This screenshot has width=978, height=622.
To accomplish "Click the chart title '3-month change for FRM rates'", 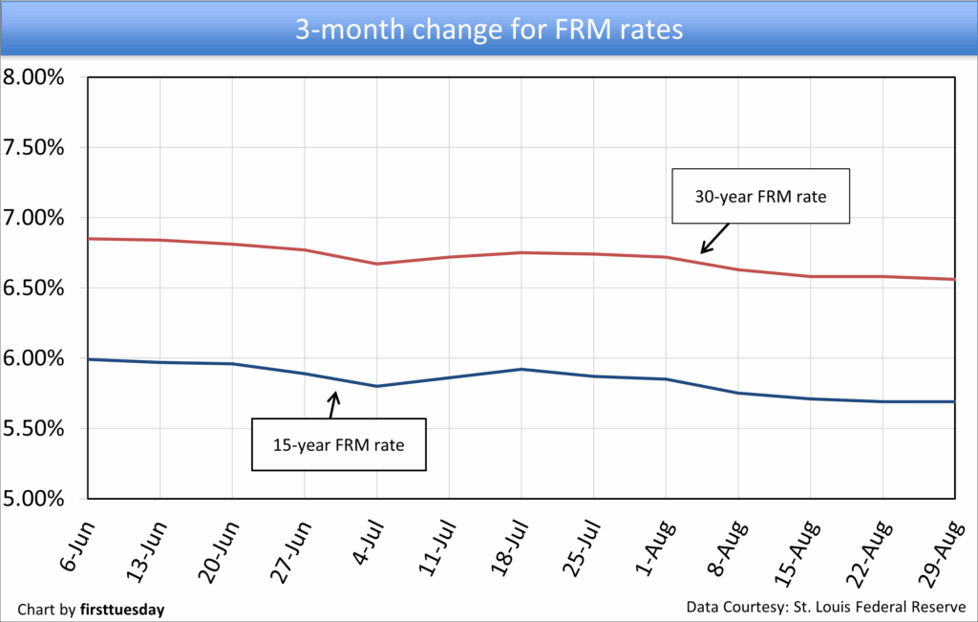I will [x=489, y=30].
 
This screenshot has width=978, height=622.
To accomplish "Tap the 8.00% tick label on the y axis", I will [x=33, y=77].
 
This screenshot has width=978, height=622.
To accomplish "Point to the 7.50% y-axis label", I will [x=33, y=148].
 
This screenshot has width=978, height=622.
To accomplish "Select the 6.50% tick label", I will [x=33, y=289].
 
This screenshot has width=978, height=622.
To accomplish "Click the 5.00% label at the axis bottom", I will [x=33, y=499].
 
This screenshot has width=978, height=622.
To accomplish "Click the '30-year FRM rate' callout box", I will [x=760, y=197].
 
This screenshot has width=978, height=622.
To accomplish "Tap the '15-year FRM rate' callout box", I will [x=338, y=444].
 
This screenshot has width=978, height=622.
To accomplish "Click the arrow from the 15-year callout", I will [x=333, y=404].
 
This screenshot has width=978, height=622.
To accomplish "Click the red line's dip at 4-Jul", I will [x=377, y=264].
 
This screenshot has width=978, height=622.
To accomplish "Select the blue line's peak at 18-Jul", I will [x=521, y=369].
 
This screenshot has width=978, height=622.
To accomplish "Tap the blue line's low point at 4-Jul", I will [x=377, y=386].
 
